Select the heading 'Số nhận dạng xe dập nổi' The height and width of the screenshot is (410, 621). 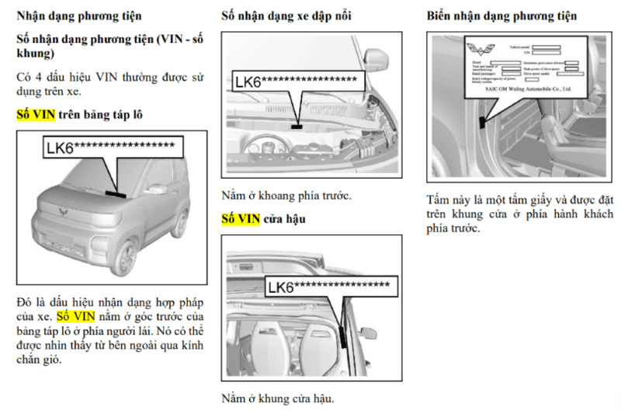(286, 16)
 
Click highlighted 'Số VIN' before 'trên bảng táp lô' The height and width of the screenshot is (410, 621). (36, 114)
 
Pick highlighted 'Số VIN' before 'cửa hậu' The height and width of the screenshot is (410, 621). (241, 219)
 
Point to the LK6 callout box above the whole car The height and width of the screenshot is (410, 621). (113, 147)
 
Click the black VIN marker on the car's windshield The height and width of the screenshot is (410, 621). (116, 193)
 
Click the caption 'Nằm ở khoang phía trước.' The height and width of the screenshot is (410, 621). (286, 196)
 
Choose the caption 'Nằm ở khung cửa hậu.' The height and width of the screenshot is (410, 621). (277, 398)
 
